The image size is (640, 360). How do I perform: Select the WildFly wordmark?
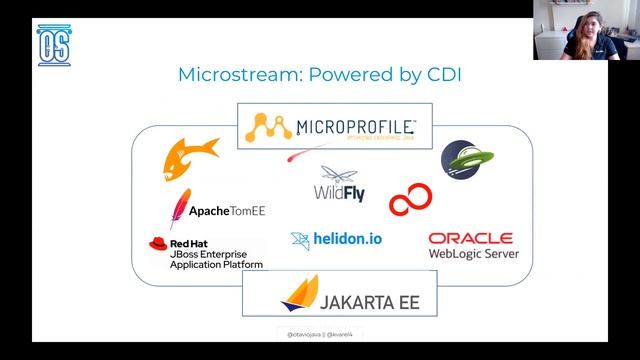(340, 189)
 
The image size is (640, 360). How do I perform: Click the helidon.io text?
(348, 239)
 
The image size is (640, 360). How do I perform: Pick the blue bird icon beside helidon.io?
(300, 240)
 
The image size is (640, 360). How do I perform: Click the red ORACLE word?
(470, 238)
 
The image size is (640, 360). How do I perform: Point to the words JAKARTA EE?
(370, 299)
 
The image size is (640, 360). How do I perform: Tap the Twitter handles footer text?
(320, 332)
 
